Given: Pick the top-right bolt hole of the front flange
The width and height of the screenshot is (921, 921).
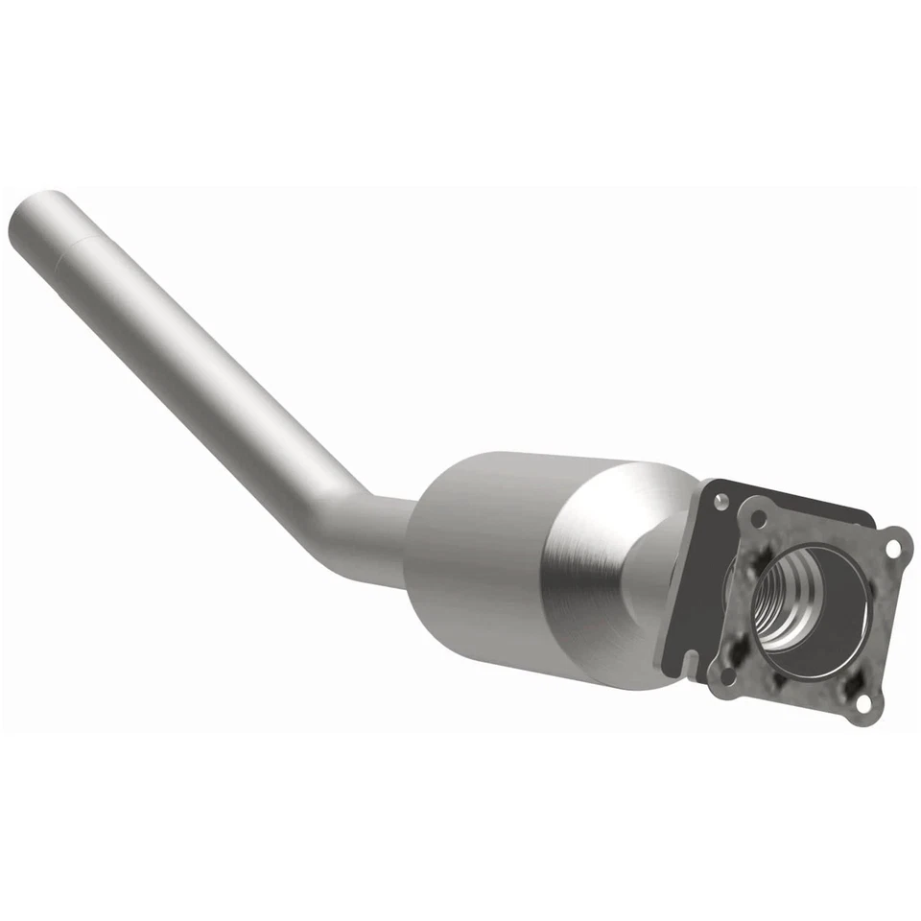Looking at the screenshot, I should click(x=894, y=549).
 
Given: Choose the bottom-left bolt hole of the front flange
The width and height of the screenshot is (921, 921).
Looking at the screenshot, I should click(x=727, y=675).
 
